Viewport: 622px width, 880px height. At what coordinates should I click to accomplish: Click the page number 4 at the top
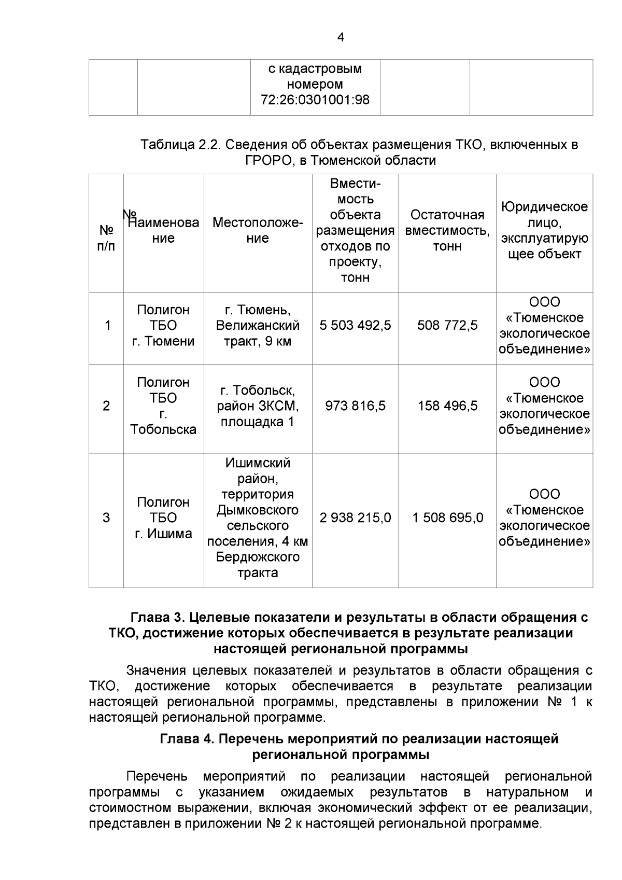point(341,37)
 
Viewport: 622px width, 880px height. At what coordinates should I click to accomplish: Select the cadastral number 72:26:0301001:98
point(315,100)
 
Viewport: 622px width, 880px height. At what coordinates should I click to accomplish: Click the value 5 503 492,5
point(355,326)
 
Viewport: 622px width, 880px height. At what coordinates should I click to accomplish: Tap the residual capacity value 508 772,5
point(447,326)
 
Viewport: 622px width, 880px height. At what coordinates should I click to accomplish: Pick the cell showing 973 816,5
point(355,406)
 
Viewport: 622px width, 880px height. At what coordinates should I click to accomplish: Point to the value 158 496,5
point(447,406)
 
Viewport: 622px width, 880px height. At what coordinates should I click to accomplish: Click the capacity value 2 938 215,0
point(355,518)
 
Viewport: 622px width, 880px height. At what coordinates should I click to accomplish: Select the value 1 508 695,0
point(447,518)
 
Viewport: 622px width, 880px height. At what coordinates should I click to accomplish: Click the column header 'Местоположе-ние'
point(258,231)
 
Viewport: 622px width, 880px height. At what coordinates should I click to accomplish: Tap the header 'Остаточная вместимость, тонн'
point(447,230)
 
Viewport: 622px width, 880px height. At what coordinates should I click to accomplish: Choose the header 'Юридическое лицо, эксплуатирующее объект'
point(544,231)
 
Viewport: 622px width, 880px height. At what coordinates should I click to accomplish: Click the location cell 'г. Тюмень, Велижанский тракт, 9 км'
point(258,326)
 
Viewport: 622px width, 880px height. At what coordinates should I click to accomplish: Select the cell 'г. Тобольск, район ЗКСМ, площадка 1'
point(258,406)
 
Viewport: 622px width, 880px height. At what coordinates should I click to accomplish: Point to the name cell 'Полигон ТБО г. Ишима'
point(163,518)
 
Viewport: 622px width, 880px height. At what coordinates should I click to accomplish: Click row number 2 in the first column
point(106,406)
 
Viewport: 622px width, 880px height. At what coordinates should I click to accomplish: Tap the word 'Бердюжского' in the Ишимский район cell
point(258,557)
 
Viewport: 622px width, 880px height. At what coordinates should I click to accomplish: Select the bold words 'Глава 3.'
point(158,618)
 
